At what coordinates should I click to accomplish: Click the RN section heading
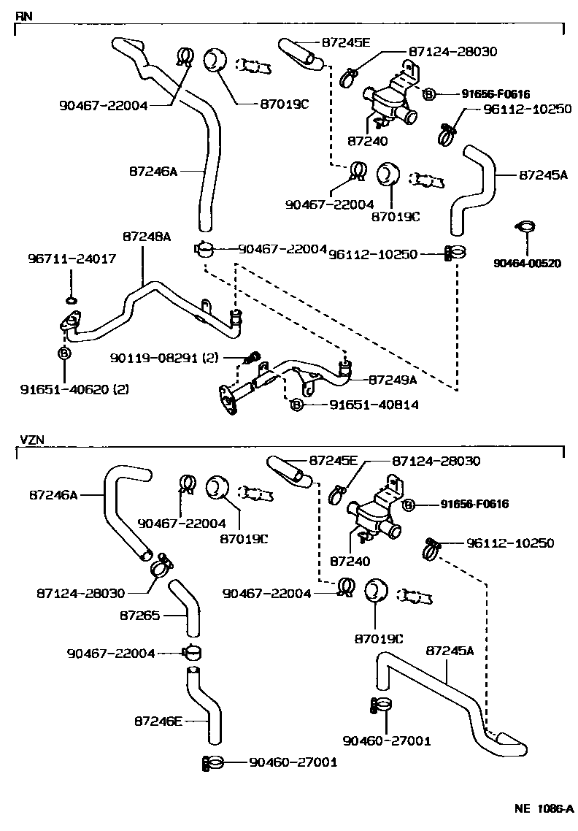click(x=23, y=15)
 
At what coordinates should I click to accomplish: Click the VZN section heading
click(x=32, y=440)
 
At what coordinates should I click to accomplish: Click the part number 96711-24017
click(x=72, y=259)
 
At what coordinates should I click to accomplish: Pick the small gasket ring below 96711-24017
click(x=72, y=299)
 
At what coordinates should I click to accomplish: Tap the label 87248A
click(x=146, y=237)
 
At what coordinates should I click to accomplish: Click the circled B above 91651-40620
click(x=64, y=353)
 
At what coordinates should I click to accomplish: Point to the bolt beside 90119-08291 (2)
click(x=253, y=358)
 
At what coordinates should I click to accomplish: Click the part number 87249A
click(x=392, y=380)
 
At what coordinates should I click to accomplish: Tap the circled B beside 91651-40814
click(x=297, y=405)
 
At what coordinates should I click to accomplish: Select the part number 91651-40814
click(x=363, y=405)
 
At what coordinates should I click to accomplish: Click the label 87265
click(x=139, y=616)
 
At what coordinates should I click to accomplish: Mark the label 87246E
click(x=158, y=721)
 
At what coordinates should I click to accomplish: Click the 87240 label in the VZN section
click(x=350, y=561)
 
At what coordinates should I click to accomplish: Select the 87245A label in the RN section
click(x=543, y=175)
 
